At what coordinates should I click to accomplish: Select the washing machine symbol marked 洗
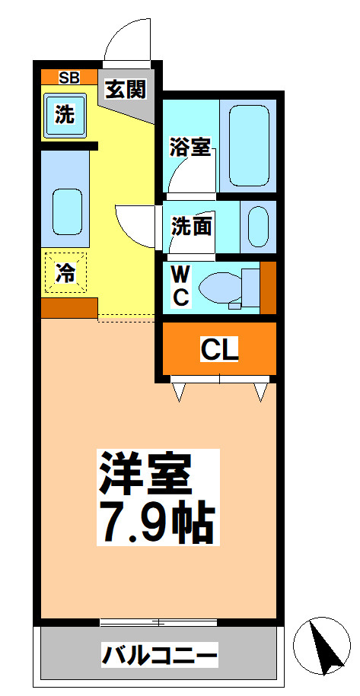pyautogui.click(x=65, y=114)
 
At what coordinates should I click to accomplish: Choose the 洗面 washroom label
pyautogui.click(x=191, y=226)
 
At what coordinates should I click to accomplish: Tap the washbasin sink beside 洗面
pyautogui.click(x=258, y=226)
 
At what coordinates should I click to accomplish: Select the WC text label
pyautogui.click(x=180, y=285)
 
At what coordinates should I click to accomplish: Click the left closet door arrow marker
pyautogui.click(x=180, y=391)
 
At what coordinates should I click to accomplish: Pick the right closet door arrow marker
pyautogui.click(x=261, y=391)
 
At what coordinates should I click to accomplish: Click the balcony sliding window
pyautogui.click(x=158, y=622)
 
